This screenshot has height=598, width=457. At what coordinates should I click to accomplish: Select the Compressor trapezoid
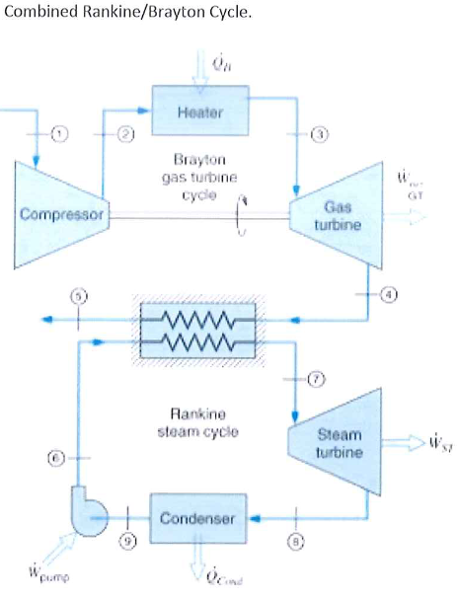click(58, 213)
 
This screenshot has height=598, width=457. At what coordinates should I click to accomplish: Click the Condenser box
click(196, 518)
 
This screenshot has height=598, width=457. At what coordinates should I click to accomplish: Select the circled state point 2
click(125, 134)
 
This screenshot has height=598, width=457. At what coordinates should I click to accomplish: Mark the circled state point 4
click(392, 294)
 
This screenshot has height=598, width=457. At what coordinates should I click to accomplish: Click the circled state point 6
click(58, 457)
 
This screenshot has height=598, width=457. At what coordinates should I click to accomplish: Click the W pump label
click(38, 572)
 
